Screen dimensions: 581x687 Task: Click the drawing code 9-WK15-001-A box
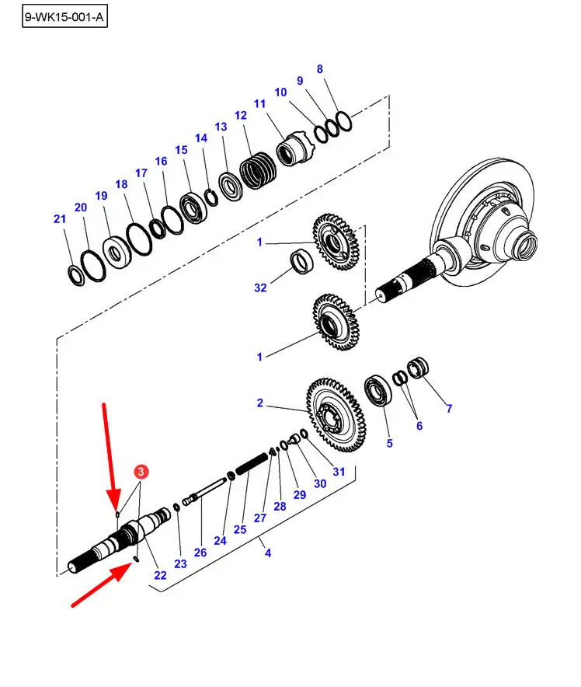64,17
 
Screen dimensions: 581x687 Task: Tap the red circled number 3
141,472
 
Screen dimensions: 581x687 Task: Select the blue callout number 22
160,575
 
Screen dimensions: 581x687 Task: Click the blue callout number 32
260,288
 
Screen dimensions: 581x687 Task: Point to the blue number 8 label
319,69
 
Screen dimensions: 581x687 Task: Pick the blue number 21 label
60,218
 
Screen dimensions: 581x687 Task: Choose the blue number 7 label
449,408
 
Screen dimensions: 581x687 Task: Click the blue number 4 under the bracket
268,553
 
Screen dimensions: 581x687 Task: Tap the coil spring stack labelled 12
259,170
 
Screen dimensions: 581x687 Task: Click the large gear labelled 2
336,414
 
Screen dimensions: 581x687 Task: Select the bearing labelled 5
377,390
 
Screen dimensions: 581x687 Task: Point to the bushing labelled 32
302,261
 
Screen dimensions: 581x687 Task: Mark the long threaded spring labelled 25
252,464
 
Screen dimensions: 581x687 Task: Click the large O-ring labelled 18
139,239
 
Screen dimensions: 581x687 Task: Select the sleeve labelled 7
418,368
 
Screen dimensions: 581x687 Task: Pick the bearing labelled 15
193,207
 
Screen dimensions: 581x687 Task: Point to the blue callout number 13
221,127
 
